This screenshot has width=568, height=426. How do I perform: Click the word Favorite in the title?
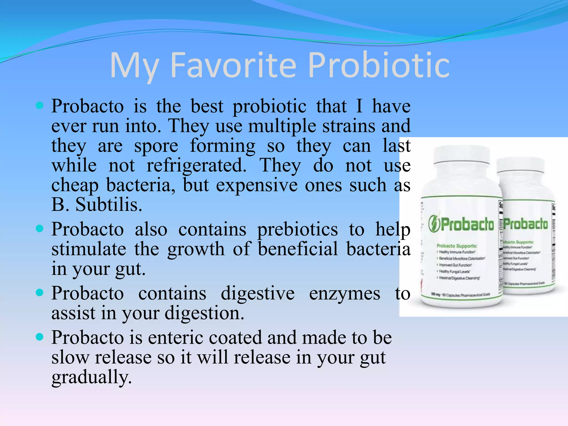click(x=234, y=65)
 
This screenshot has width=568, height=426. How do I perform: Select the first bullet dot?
click(x=40, y=105)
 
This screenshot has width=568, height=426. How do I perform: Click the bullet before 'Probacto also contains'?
click(x=40, y=229)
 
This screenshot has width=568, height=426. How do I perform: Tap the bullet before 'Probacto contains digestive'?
click(x=40, y=292)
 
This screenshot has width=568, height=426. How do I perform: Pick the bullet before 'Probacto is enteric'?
click(x=40, y=337)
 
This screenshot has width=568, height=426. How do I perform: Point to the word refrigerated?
click(x=196, y=166)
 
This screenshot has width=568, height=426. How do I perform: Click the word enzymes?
click(x=344, y=293)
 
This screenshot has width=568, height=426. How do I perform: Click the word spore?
click(x=156, y=146)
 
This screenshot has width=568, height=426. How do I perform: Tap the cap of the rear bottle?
click(x=521, y=165)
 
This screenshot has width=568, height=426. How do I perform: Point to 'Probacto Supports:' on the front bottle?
click(x=457, y=246)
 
